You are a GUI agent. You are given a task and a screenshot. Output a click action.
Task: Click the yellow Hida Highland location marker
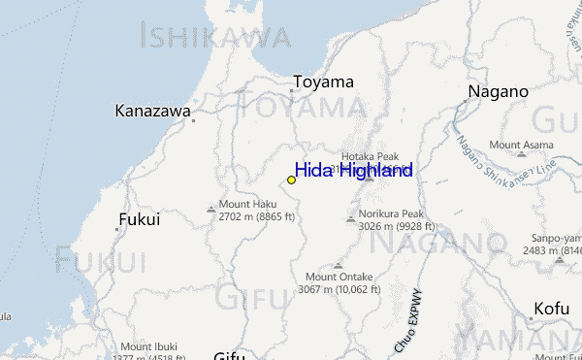point(291,180)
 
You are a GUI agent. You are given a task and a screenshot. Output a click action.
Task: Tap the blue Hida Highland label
point(353,171)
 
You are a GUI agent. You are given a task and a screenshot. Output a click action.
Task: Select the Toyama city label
point(323,82)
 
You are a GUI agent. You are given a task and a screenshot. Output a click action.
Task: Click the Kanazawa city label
point(152,111)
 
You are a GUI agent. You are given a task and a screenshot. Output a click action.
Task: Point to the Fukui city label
point(139,220)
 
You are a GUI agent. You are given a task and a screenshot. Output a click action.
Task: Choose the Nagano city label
point(498,91)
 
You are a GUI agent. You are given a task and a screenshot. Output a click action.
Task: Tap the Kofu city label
point(550,309)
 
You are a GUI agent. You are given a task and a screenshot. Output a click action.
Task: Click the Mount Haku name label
point(247,205)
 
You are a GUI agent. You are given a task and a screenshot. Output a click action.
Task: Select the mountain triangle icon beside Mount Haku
point(210,208)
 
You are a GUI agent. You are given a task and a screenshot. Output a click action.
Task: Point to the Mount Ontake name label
point(339,277)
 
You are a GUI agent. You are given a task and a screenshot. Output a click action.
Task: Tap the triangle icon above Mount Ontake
point(338,264)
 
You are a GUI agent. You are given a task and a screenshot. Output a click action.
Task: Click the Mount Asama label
point(521,145)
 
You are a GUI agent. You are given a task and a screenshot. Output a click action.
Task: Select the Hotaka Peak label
point(370,156)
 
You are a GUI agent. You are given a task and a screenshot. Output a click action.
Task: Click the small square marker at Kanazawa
point(193,120)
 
